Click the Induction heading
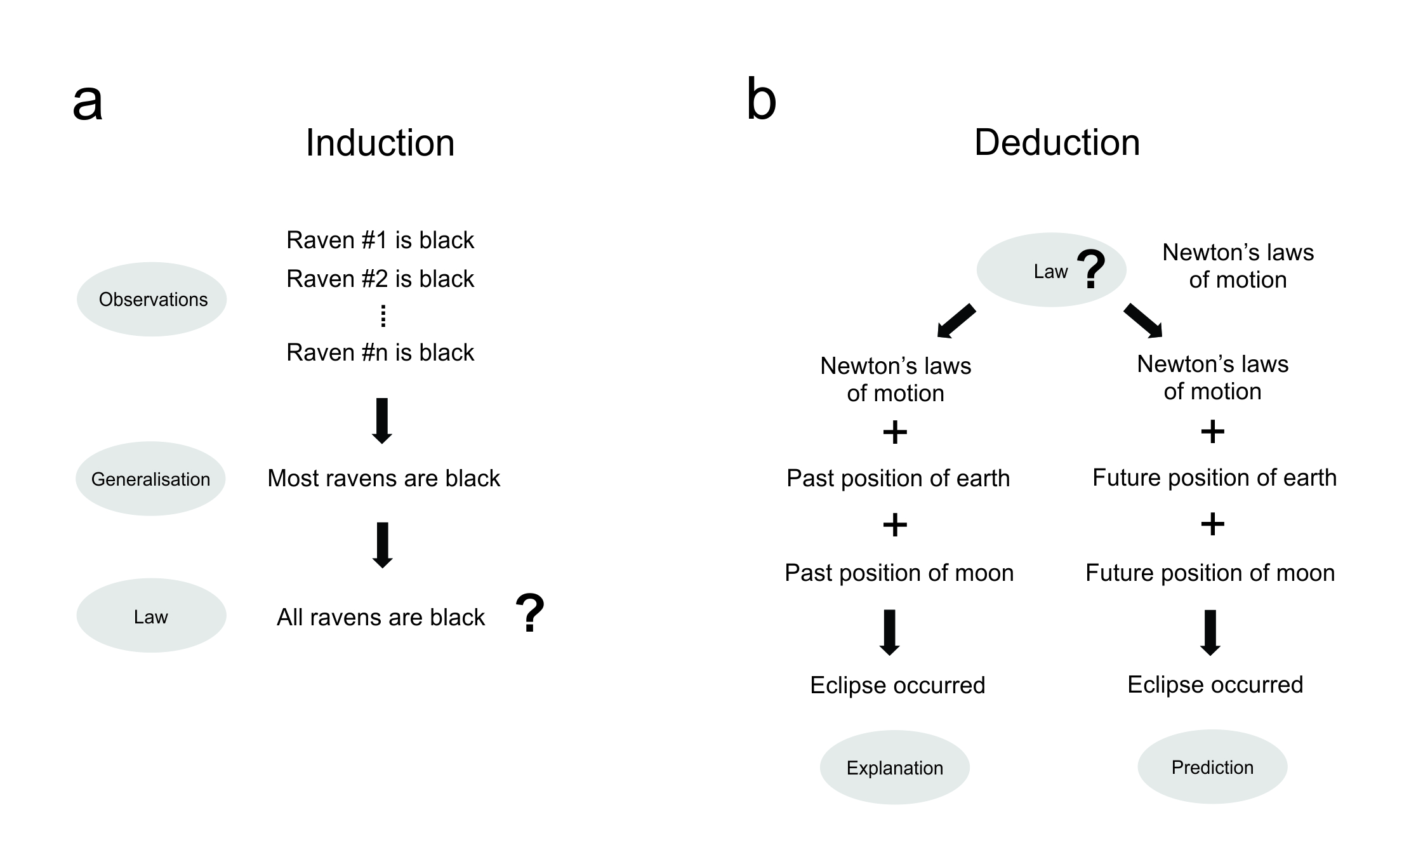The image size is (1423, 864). click(380, 143)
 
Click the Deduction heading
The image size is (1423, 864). click(1057, 143)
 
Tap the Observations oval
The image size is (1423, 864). click(152, 300)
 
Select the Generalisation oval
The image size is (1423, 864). click(150, 479)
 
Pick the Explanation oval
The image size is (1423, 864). click(894, 768)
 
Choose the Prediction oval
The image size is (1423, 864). click(1212, 768)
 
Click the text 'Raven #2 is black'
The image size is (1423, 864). click(380, 279)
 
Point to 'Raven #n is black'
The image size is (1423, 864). click(380, 353)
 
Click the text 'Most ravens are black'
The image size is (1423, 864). click(383, 479)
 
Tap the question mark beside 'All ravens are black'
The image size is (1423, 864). click(530, 613)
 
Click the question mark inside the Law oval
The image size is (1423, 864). click(1091, 269)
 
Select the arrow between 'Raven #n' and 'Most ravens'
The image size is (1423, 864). click(382, 421)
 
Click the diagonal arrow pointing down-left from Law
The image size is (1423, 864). click(955, 321)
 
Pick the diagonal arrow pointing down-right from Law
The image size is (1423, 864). click(1143, 321)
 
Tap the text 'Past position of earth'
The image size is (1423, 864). click(898, 479)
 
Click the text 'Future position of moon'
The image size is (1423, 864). click(1210, 573)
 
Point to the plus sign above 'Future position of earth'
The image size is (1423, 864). click(1212, 432)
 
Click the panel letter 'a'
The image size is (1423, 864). click(88, 102)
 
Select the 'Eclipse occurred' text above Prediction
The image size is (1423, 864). click(1215, 685)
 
